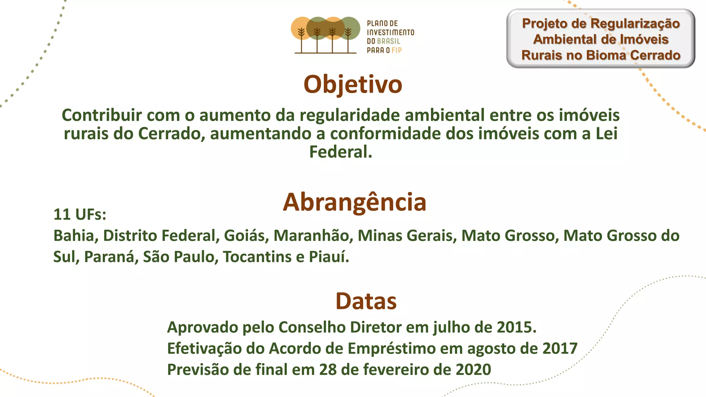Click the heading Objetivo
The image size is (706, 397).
point(353,85)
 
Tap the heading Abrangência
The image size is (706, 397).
point(354,202)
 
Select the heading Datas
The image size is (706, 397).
point(366,301)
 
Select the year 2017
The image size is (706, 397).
point(559,349)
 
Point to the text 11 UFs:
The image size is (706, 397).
point(80,215)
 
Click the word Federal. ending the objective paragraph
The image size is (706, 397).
point(341,152)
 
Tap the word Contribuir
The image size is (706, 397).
point(101,115)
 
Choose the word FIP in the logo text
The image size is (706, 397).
point(396,50)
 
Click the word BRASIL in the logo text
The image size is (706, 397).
point(389,41)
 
